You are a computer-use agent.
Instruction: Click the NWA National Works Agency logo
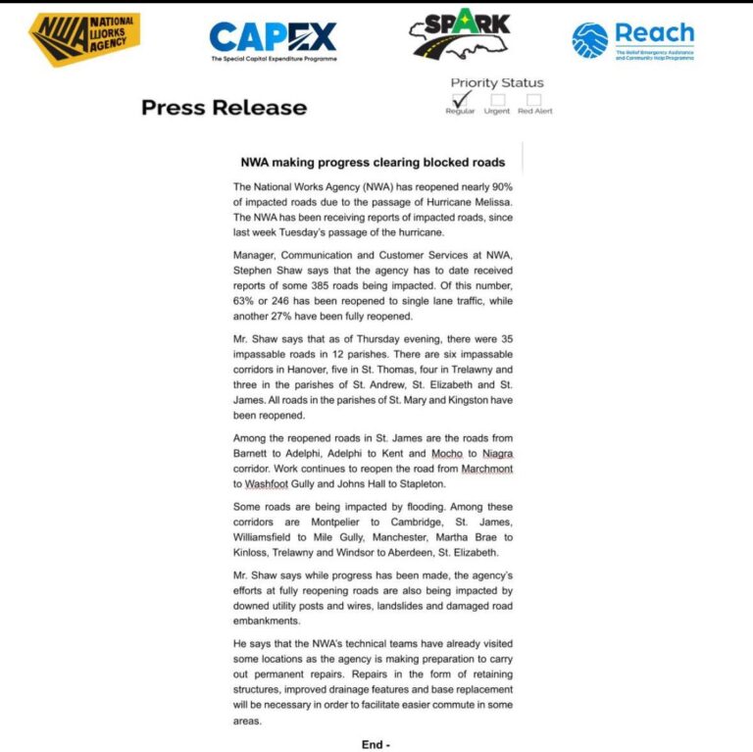point(83,39)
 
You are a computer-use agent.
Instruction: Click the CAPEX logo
point(273,40)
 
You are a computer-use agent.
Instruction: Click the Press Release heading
point(224,108)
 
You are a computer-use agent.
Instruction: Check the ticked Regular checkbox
point(459,99)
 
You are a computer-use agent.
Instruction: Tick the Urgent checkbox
point(498,99)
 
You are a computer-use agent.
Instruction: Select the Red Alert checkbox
point(534,99)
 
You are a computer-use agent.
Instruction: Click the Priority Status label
point(496,82)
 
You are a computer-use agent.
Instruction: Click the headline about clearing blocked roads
point(373,162)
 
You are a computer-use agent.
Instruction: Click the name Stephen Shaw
point(268,271)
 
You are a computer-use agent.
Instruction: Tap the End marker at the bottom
point(376,744)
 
